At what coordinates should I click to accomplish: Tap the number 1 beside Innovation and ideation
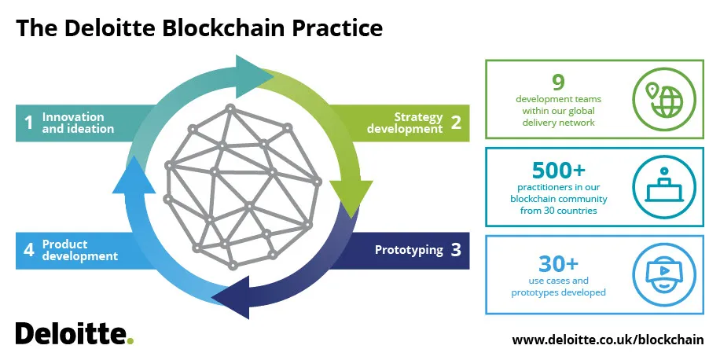click(x=29, y=123)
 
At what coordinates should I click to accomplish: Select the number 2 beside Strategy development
click(x=456, y=123)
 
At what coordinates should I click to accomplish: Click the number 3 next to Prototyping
click(x=456, y=250)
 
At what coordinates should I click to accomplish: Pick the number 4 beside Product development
click(x=29, y=250)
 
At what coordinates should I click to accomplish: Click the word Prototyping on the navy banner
click(x=409, y=250)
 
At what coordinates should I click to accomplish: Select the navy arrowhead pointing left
click(x=231, y=298)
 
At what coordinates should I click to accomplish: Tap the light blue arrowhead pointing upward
click(x=134, y=175)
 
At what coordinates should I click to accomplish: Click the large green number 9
click(x=558, y=83)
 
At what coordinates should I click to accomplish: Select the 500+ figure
click(x=558, y=171)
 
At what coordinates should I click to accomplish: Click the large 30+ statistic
click(x=558, y=264)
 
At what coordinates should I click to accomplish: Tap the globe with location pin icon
click(x=664, y=99)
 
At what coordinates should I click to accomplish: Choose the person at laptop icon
click(x=664, y=187)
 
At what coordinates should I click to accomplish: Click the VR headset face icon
click(x=664, y=275)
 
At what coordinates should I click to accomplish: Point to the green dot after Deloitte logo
click(x=130, y=340)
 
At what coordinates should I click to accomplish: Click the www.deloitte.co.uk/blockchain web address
click(x=608, y=340)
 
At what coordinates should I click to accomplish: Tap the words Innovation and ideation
click(x=78, y=123)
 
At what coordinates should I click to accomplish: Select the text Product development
click(x=80, y=250)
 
